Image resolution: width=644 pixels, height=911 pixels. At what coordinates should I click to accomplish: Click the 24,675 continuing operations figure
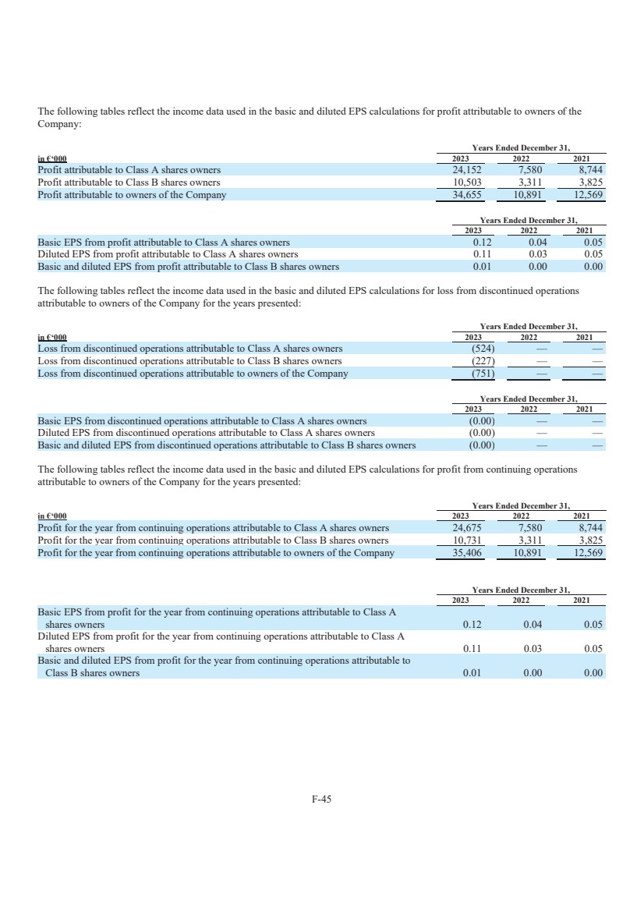pyautogui.click(x=466, y=527)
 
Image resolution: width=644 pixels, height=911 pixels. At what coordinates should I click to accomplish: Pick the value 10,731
pyautogui.click(x=466, y=540)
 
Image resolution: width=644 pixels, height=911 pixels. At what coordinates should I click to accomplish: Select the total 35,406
pyautogui.click(x=466, y=553)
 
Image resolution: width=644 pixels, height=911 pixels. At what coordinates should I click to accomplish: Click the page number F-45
pyautogui.click(x=321, y=798)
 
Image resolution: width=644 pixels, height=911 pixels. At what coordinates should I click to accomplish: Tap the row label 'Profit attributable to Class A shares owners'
pyautogui.click(x=129, y=169)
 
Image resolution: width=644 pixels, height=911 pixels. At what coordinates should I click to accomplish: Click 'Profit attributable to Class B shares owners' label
pyautogui.click(x=129, y=182)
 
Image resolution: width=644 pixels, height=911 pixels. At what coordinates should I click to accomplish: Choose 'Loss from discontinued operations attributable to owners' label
pyautogui.click(x=193, y=373)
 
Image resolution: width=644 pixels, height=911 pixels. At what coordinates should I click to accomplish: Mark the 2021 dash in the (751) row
pyautogui.click(x=597, y=374)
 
